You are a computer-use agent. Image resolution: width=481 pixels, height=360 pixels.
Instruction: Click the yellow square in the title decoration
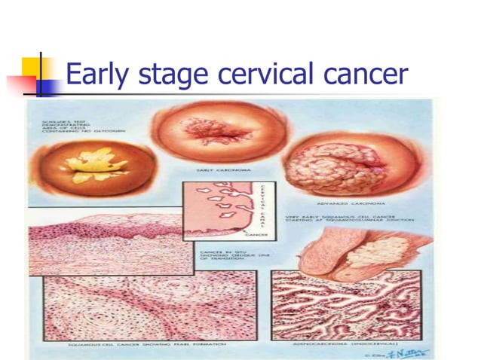pos(33,66)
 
